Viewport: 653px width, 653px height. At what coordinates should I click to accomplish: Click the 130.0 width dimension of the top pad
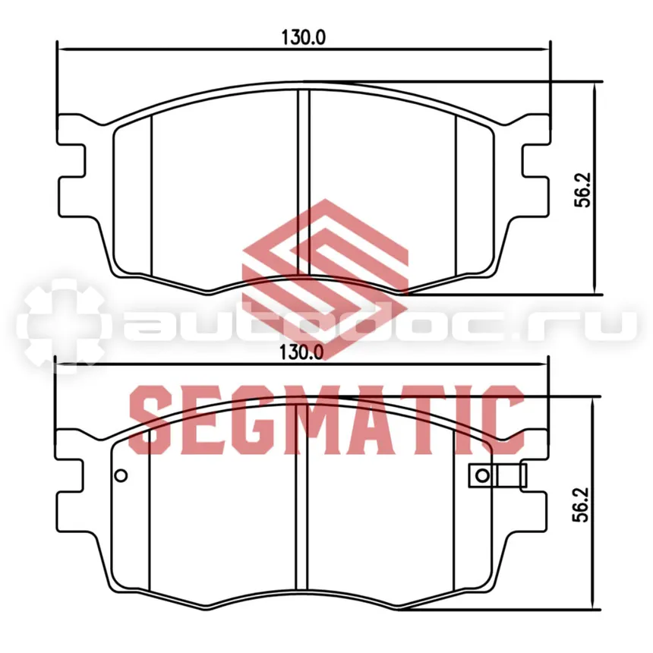pos(303,37)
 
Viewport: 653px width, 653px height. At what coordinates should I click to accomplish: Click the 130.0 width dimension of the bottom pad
pos(301,353)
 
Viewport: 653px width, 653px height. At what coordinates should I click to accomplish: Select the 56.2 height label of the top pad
pos(582,190)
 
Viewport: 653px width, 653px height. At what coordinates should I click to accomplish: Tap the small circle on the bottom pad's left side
pos(121,475)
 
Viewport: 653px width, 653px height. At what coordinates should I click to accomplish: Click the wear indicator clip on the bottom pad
pos(497,475)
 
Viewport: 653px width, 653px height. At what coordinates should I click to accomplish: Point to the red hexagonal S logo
pos(325,278)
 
